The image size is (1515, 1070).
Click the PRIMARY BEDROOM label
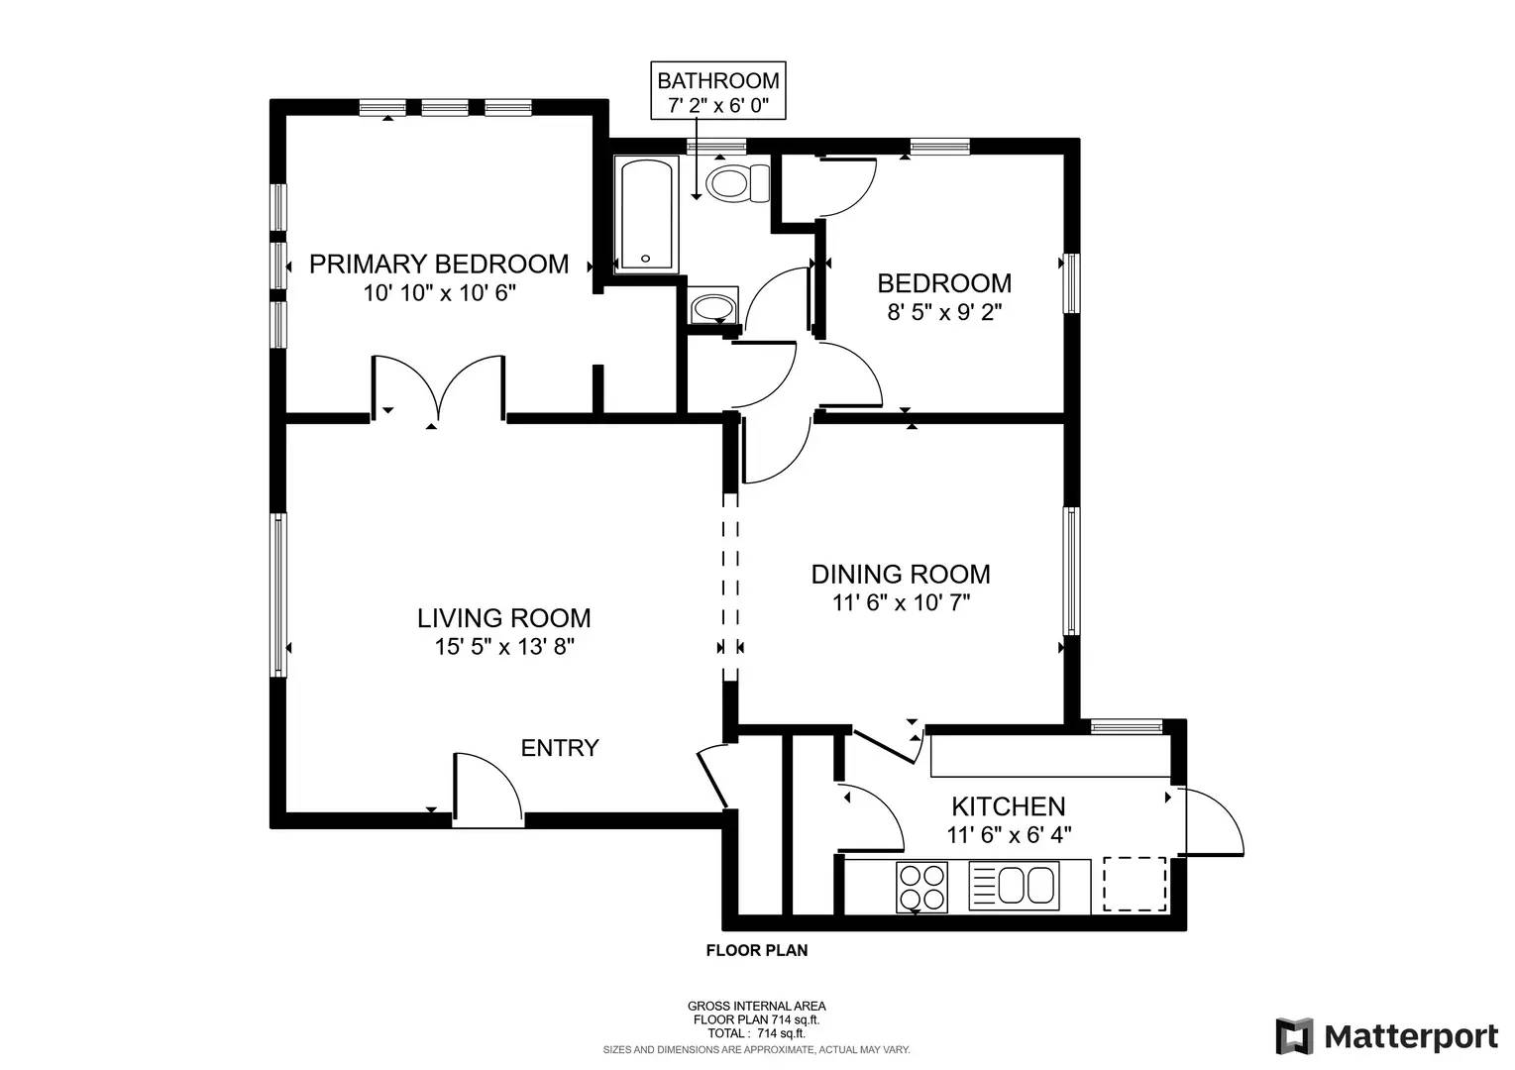pos(439,264)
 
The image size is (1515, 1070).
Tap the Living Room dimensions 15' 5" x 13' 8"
pos(504,647)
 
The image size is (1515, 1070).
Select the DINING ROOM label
pos(900,574)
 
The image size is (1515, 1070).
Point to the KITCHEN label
pos(1008,806)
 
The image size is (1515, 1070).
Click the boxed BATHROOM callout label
pos(717,91)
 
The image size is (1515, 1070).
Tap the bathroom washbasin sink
pos(711,307)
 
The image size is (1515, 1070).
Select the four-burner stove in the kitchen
pos(920,887)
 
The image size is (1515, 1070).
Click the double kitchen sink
pos(1014,885)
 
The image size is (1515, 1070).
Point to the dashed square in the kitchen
pos(1135,884)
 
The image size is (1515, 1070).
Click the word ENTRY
pos(560,748)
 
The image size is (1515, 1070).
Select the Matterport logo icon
pos(1294,1036)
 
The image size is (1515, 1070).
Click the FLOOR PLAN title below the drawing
pos(756,951)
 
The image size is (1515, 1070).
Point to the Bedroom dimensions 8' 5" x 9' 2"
pos(944,312)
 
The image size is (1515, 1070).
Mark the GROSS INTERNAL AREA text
pos(756,1006)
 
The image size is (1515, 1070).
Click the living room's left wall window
pos(279,594)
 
